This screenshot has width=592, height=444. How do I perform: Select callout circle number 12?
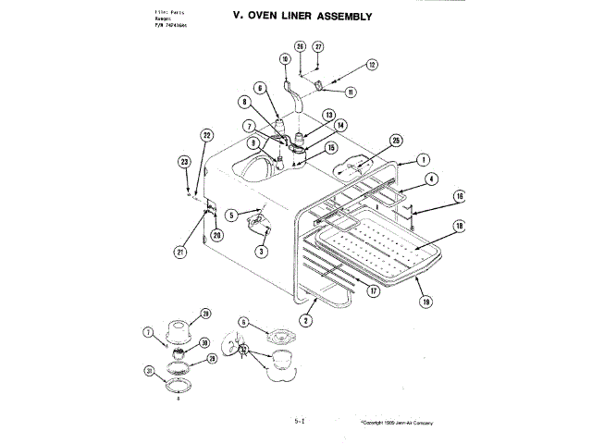(372, 65)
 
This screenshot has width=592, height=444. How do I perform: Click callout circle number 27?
(318, 46)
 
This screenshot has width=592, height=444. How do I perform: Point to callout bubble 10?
(286, 58)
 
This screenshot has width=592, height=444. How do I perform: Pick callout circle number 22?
(207, 135)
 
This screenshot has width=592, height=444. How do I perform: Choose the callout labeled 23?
(184, 161)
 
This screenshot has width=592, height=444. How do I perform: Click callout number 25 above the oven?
(396, 141)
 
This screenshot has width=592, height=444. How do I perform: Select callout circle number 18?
(459, 226)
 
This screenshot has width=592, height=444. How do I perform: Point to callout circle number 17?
(374, 290)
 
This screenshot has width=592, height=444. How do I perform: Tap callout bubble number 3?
(262, 251)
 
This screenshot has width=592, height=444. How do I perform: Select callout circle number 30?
(204, 341)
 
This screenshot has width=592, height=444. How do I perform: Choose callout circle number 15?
(330, 147)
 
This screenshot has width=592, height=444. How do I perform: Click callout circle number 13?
(327, 115)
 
